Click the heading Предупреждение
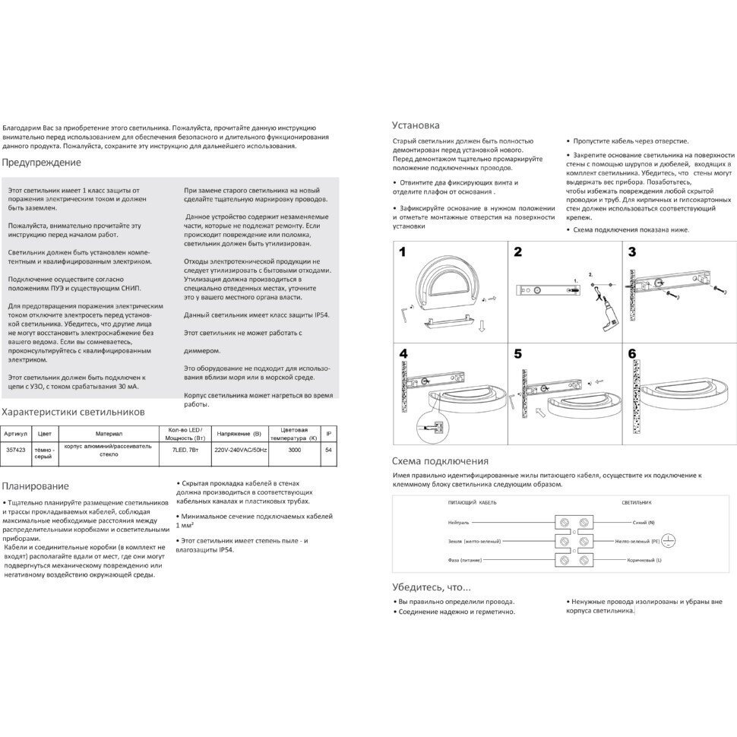(x=41, y=163)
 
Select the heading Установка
(x=416, y=125)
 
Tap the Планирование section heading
(x=36, y=486)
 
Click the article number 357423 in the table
(x=15, y=451)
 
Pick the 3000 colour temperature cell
(x=293, y=451)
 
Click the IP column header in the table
(x=329, y=434)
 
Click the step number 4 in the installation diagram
(x=403, y=354)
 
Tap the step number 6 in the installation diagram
(x=632, y=354)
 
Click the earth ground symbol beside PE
(x=669, y=540)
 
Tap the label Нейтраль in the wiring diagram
(x=460, y=523)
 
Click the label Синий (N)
(x=644, y=523)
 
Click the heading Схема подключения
(x=440, y=461)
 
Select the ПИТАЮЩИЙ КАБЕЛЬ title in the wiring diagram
(x=473, y=502)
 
